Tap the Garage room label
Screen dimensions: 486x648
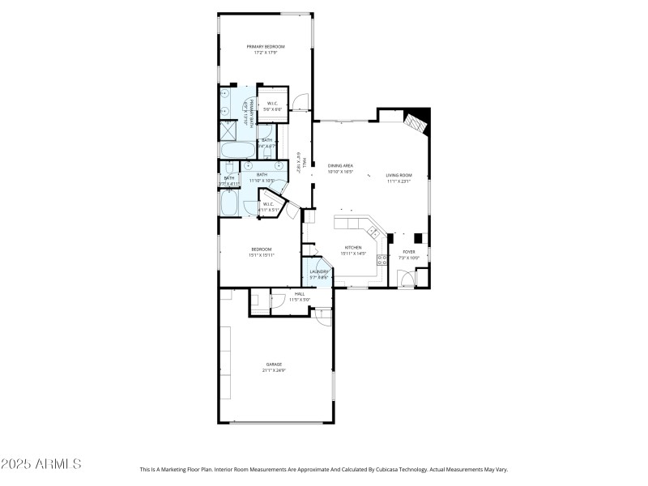pos(273,364)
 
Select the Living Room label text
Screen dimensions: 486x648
pos(399,175)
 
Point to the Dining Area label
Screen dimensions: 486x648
pos(340,165)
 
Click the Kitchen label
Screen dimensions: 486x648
pos(353,249)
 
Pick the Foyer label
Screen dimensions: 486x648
pos(409,252)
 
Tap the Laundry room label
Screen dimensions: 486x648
pos(319,271)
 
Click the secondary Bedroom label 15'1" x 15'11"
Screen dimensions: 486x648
pos(261,249)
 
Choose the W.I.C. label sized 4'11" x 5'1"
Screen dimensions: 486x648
pos(268,204)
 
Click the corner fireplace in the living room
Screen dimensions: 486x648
pos(416,122)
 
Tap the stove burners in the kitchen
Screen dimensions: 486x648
pos(383,261)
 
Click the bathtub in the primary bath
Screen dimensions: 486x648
pos(237,151)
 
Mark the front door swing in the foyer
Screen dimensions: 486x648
pos(407,279)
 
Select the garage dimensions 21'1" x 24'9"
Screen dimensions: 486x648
pos(273,371)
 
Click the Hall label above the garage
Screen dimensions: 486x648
pos(300,293)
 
